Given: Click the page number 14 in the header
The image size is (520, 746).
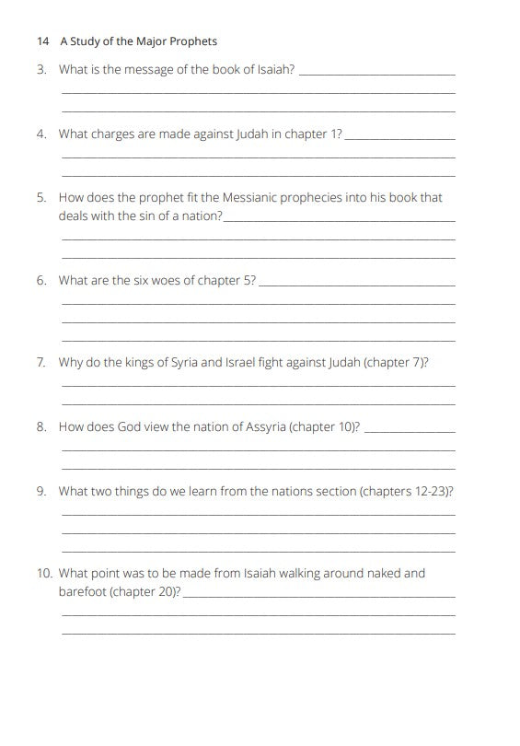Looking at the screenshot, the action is coord(42,41).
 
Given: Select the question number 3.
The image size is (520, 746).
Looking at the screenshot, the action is coord(41,69).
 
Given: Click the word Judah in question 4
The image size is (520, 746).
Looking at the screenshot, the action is coord(255,134).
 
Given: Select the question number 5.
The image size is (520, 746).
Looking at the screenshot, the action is coord(41,197).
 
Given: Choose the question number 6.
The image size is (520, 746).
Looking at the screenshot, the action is coord(41,280).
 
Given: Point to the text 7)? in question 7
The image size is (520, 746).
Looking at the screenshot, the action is coord(420,362).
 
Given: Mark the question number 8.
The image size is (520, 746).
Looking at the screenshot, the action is coord(41,426).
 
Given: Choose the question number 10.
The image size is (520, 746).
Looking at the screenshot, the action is coord(44,573).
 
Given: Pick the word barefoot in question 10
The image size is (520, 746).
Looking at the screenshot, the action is coord(82,591).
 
